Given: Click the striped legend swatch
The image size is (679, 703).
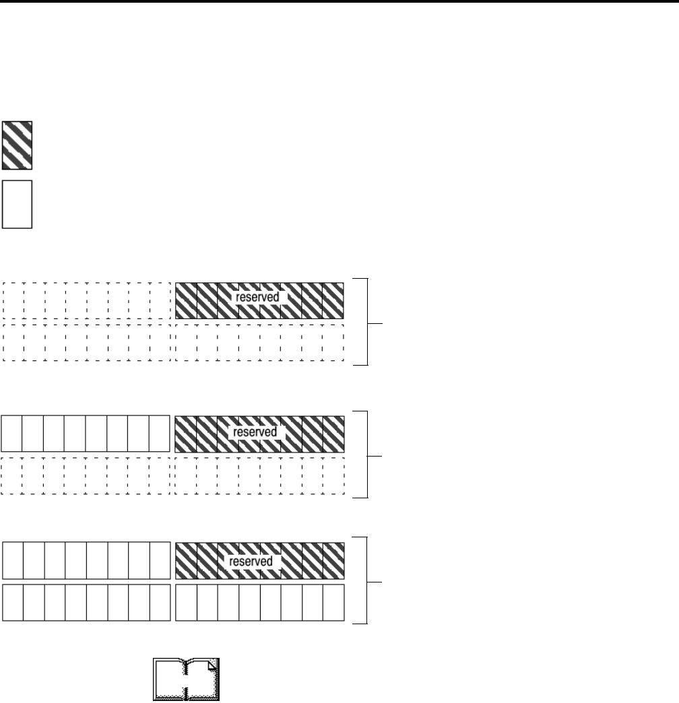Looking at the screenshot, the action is [x=17, y=145].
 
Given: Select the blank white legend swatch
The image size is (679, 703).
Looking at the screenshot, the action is [x=17, y=203].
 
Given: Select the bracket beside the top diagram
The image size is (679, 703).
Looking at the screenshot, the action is [x=366, y=321].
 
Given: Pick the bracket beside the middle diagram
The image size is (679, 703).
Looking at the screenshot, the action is [x=366, y=454].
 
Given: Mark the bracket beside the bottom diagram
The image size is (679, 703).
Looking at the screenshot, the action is [x=366, y=580].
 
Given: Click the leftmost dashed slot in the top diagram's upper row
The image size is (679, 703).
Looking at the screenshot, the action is [x=13, y=300].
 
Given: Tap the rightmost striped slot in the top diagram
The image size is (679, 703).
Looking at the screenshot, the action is [x=333, y=300].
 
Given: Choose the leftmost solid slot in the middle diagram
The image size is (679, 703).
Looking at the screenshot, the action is [x=12, y=434].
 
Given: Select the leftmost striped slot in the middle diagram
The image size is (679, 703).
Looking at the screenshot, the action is [x=186, y=434].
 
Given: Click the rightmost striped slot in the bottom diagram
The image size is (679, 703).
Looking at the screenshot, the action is [x=333, y=561].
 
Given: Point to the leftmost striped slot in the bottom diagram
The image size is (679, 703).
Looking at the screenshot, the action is [x=186, y=561].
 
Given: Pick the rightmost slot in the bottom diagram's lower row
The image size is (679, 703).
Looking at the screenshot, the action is [x=333, y=602].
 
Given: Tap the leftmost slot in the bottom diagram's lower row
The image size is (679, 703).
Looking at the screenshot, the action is [x=13, y=602].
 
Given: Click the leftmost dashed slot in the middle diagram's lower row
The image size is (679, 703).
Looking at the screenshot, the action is [x=12, y=475].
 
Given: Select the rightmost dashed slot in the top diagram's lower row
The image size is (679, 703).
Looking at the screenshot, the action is [x=333, y=342].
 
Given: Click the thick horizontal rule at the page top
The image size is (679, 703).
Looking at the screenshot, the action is [x=339, y=2].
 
